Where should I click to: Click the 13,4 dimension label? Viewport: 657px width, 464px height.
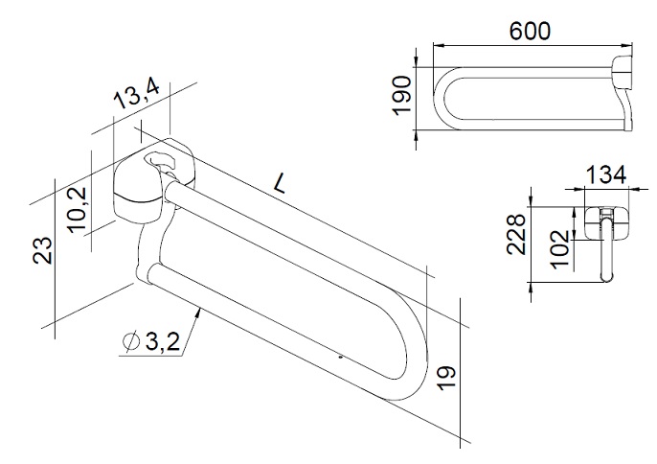pos(137,96)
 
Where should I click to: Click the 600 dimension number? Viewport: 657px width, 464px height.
pos(530,31)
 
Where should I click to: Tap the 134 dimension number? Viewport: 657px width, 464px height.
pos(606,174)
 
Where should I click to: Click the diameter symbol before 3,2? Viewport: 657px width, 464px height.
pos(131,340)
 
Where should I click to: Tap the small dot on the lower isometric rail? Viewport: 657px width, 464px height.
pos(340,357)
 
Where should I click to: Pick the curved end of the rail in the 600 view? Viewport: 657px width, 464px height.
pos(442,96)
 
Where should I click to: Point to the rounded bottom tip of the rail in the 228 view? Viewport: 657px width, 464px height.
pos(605,279)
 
